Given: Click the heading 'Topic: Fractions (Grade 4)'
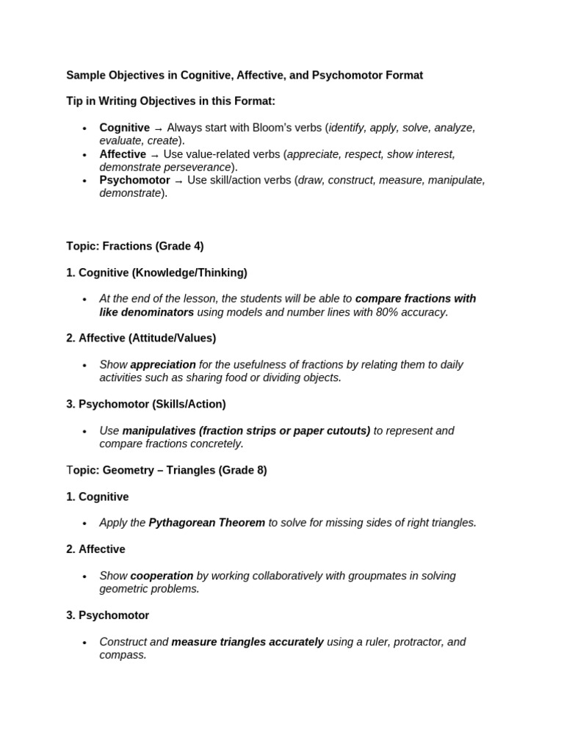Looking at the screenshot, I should click(134, 247).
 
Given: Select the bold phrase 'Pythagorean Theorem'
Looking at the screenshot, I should click(206, 523).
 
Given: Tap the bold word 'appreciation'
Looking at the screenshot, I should click(163, 365).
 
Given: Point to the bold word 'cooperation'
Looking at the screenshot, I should click(162, 576).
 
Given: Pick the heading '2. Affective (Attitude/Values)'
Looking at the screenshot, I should click(141, 339).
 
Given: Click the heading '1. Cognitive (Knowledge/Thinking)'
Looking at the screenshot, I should click(156, 272).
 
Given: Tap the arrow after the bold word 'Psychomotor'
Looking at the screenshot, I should click(178, 181).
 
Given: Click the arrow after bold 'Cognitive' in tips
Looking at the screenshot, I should click(158, 129).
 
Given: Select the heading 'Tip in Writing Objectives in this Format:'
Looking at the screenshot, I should click(170, 101).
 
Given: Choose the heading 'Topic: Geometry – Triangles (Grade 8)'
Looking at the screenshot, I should click(167, 470).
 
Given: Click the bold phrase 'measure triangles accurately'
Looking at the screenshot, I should click(247, 642).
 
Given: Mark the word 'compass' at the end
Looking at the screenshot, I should click(122, 655).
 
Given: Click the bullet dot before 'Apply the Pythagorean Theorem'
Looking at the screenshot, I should click(85, 524).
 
